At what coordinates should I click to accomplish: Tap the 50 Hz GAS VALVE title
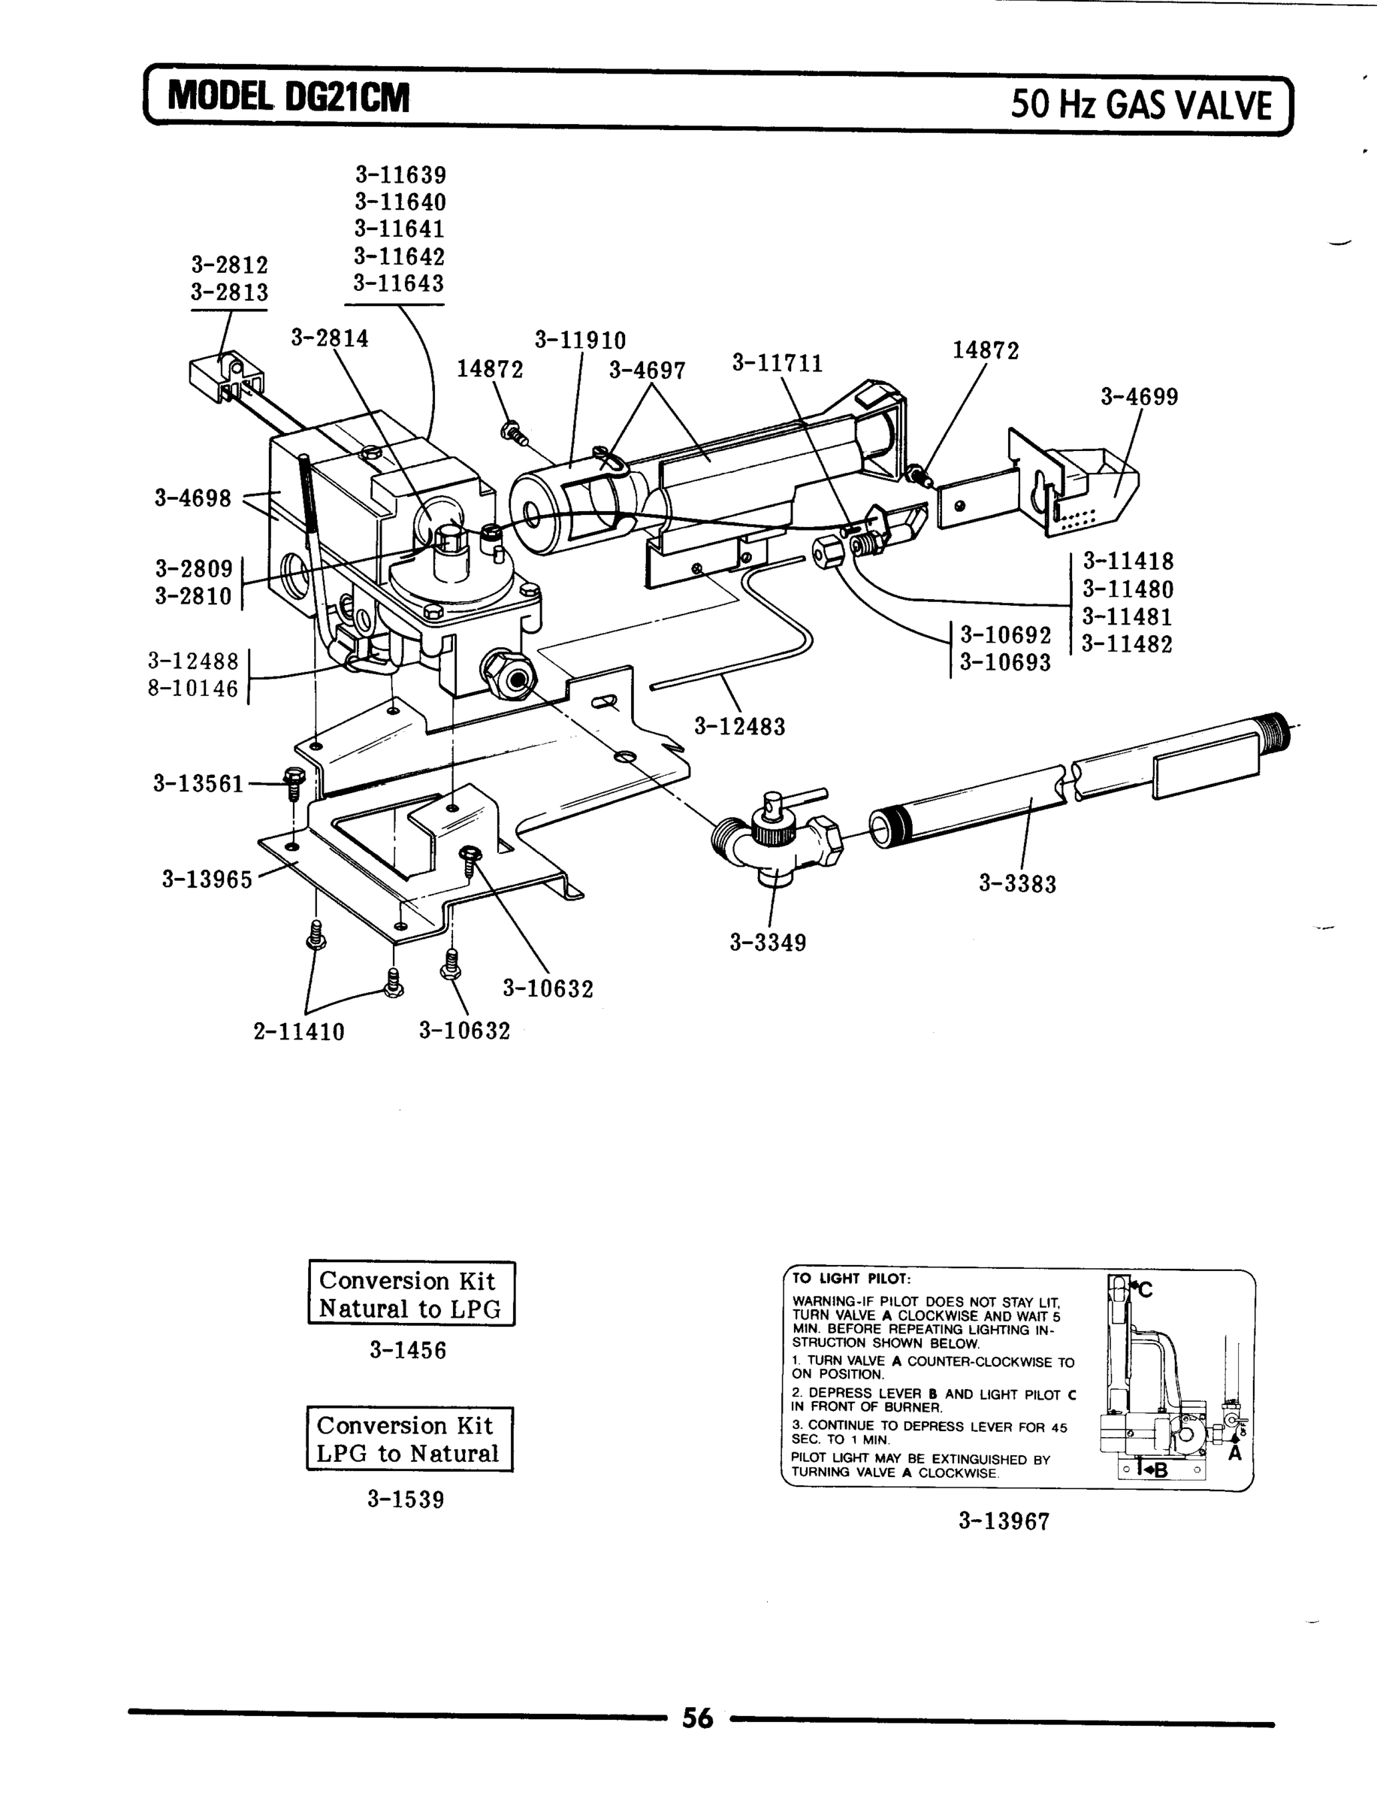1141,105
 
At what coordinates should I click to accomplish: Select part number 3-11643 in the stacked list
399,283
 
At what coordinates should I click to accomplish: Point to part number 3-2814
330,337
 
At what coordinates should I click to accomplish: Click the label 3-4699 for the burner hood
1140,397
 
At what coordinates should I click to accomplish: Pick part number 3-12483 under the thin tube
739,727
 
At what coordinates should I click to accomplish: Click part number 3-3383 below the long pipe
1017,884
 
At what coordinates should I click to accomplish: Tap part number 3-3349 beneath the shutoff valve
768,943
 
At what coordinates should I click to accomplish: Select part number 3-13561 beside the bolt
198,784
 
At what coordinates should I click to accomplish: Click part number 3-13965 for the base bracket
207,880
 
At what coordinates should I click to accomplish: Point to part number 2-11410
298,1031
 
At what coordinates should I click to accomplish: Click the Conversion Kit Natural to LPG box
411,1294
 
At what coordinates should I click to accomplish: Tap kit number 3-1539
406,1500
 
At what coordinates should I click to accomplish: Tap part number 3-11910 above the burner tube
580,341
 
